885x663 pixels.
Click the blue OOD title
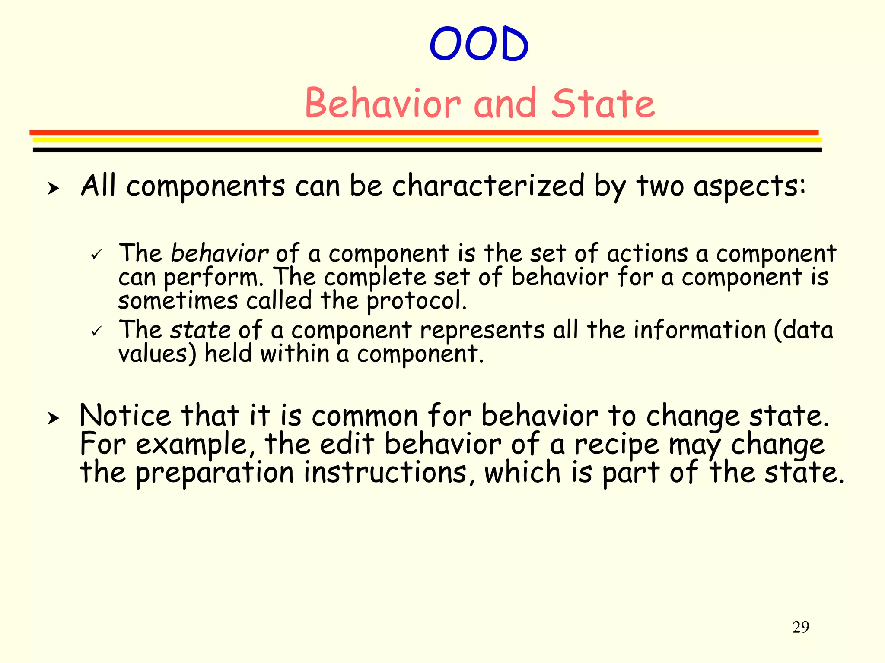[479, 44]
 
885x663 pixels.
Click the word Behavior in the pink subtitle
[383, 104]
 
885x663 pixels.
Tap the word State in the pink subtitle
[603, 104]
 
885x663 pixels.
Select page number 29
[800, 627]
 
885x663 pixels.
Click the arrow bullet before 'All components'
[53, 188]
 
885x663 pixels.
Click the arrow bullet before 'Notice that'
[53, 418]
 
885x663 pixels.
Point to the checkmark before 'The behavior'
[96, 254]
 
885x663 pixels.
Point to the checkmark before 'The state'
[96, 331]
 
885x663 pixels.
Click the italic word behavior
[219, 253]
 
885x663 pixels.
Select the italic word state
[200, 330]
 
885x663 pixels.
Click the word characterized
[488, 186]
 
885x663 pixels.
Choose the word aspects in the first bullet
[749, 186]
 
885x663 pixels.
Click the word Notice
[125, 416]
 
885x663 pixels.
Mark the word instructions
[385, 472]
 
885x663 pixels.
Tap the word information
[700, 330]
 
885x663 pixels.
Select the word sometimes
[178, 301]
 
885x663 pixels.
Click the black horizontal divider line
[427, 150]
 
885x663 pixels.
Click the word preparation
[215, 473]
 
